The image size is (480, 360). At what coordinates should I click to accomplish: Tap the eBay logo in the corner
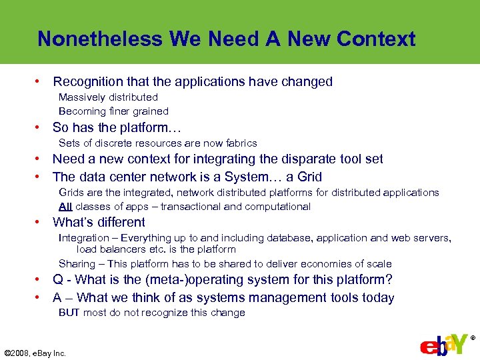tap(443, 345)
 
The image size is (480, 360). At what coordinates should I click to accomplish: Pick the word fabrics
tap(240, 143)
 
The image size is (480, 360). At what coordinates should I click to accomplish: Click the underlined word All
tap(65, 207)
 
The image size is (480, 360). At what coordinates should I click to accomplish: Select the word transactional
tap(189, 207)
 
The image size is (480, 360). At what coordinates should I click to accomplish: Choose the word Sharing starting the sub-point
tap(77, 264)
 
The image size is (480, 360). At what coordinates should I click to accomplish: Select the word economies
tap(324, 264)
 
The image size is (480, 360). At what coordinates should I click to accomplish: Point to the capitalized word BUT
tap(69, 313)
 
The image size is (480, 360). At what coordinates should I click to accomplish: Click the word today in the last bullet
tap(377, 298)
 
